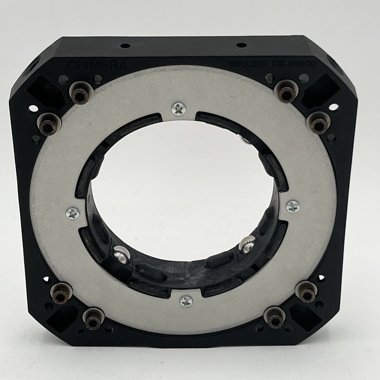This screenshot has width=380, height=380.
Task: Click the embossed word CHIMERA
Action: tap(98, 65)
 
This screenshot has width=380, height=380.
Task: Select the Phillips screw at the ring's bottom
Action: tap(186, 301)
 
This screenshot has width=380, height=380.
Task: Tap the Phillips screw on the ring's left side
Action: tap(73, 214)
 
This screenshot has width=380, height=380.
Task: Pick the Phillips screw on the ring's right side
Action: tap(293, 206)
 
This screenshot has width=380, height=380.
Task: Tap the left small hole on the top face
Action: tap(125, 46)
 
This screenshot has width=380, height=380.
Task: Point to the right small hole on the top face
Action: tap(241, 45)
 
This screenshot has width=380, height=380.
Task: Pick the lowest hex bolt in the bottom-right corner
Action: tap(274, 317)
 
